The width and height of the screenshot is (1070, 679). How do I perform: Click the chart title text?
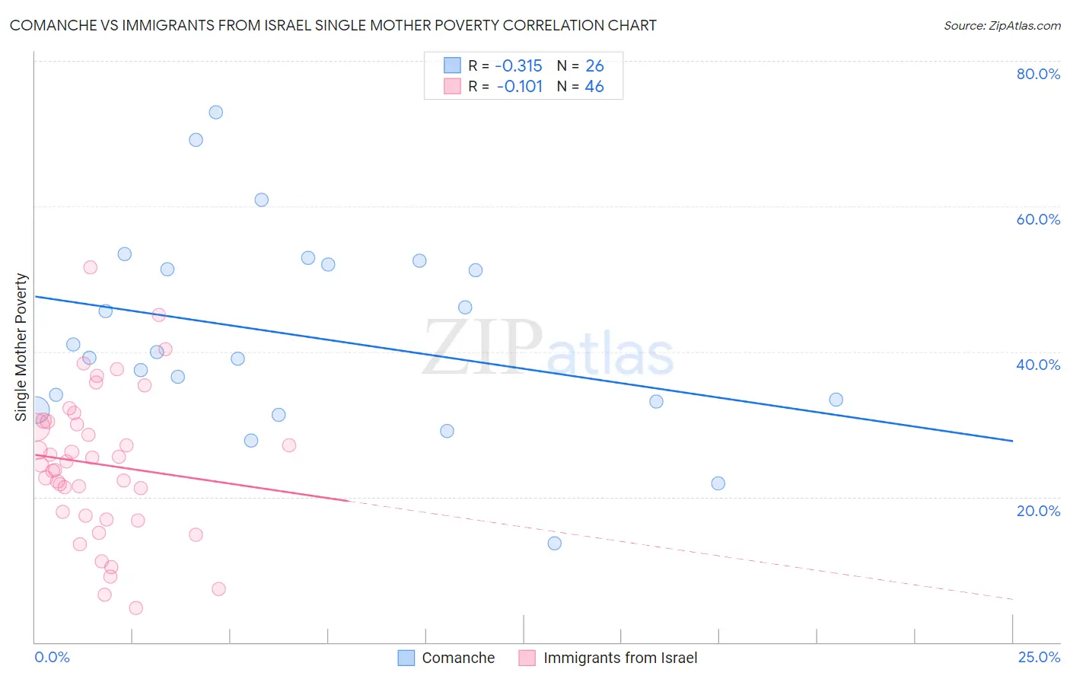tap(333, 25)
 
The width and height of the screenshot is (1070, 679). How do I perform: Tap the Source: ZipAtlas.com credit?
tap(1002, 25)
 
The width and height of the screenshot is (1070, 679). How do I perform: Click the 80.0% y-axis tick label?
tap(1038, 74)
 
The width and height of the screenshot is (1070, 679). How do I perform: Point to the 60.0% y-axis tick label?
tap(1038, 219)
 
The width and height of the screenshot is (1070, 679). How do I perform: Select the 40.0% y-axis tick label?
tap(1038, 365)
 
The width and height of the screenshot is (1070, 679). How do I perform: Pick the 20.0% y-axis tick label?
tap(1038, 511)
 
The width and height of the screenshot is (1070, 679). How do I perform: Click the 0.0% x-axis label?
tap(52, 657)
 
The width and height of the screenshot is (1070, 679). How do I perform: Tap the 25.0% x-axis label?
tap(1038, 657)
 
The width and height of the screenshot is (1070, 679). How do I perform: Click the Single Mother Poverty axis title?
tap(21, 347)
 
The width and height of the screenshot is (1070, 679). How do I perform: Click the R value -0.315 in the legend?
tap(519, 66)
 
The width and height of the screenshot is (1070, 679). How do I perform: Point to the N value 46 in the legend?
tap(594, 87)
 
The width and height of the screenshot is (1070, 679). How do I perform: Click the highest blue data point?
tap(216, 112)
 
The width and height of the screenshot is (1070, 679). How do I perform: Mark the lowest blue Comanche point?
tap(555, 543)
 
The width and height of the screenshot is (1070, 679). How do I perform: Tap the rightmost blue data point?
tap(836, 400)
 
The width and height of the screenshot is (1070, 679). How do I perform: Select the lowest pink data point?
tap(136, 607)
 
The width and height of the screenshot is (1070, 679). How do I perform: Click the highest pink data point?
tap(91, 267)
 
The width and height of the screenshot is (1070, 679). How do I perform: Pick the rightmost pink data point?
tap(289, 445)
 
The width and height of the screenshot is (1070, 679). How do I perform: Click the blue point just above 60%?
tap(262, 200)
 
